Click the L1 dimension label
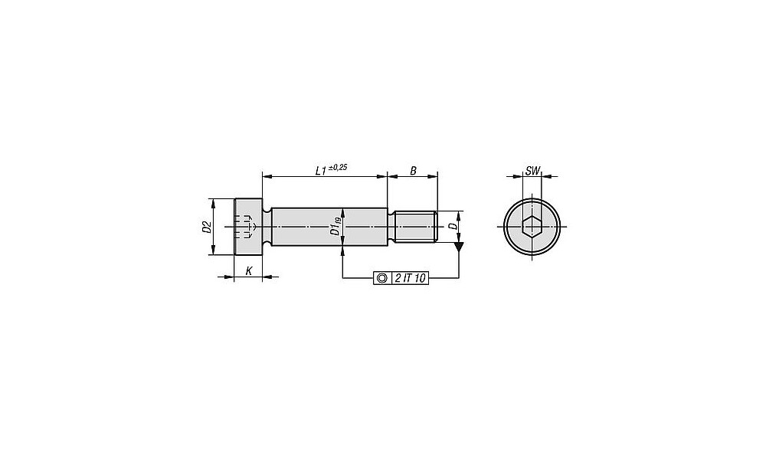pos(320,171)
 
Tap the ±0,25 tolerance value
pos(338,167)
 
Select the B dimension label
pos(413,171)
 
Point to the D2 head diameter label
pos(206,227)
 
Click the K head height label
pos(249,270)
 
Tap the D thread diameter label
pos(453,226)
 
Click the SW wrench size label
pos(532,171)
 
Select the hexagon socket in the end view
pos(532,227)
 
